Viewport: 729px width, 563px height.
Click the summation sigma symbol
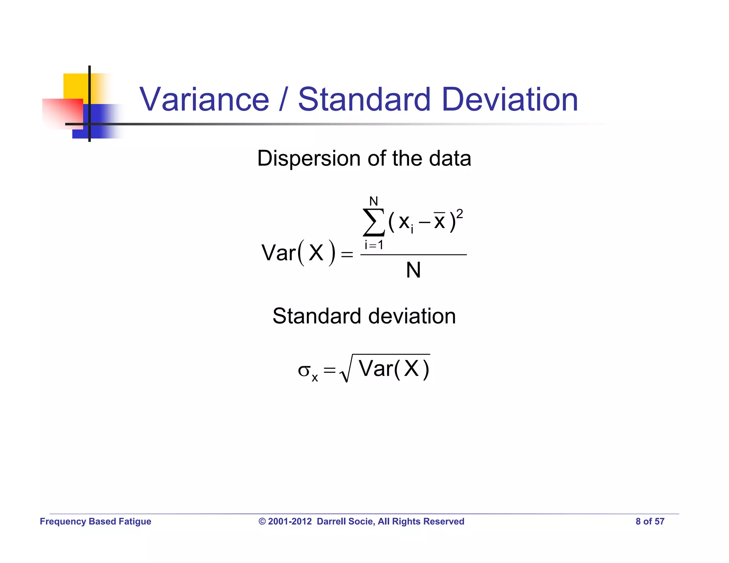pyautogui.click(x=373, y=222)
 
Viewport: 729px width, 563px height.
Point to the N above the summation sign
pyautogui.click(x=373, y=201)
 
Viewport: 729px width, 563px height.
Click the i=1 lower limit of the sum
pyautogui.click(x=373, y=245)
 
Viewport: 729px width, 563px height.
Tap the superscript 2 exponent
pyautogui.click(x=460, y=214)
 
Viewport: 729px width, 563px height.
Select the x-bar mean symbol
pyautogui.click(x=439, y=221)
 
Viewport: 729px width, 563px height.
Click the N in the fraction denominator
pyautogui.click(x=413, y=270)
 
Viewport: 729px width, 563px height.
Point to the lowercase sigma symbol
pyautogui.click(x=304, y=370)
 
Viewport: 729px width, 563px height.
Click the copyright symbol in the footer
pyautogui.click(x=262, y=521)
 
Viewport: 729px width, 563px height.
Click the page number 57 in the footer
pyautogui.click(x=660, y=521)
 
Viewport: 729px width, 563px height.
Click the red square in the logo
pyautogui.click(x=62, y=113)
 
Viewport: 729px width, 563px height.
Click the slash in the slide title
pyautogui.click(x=283, y=100)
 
